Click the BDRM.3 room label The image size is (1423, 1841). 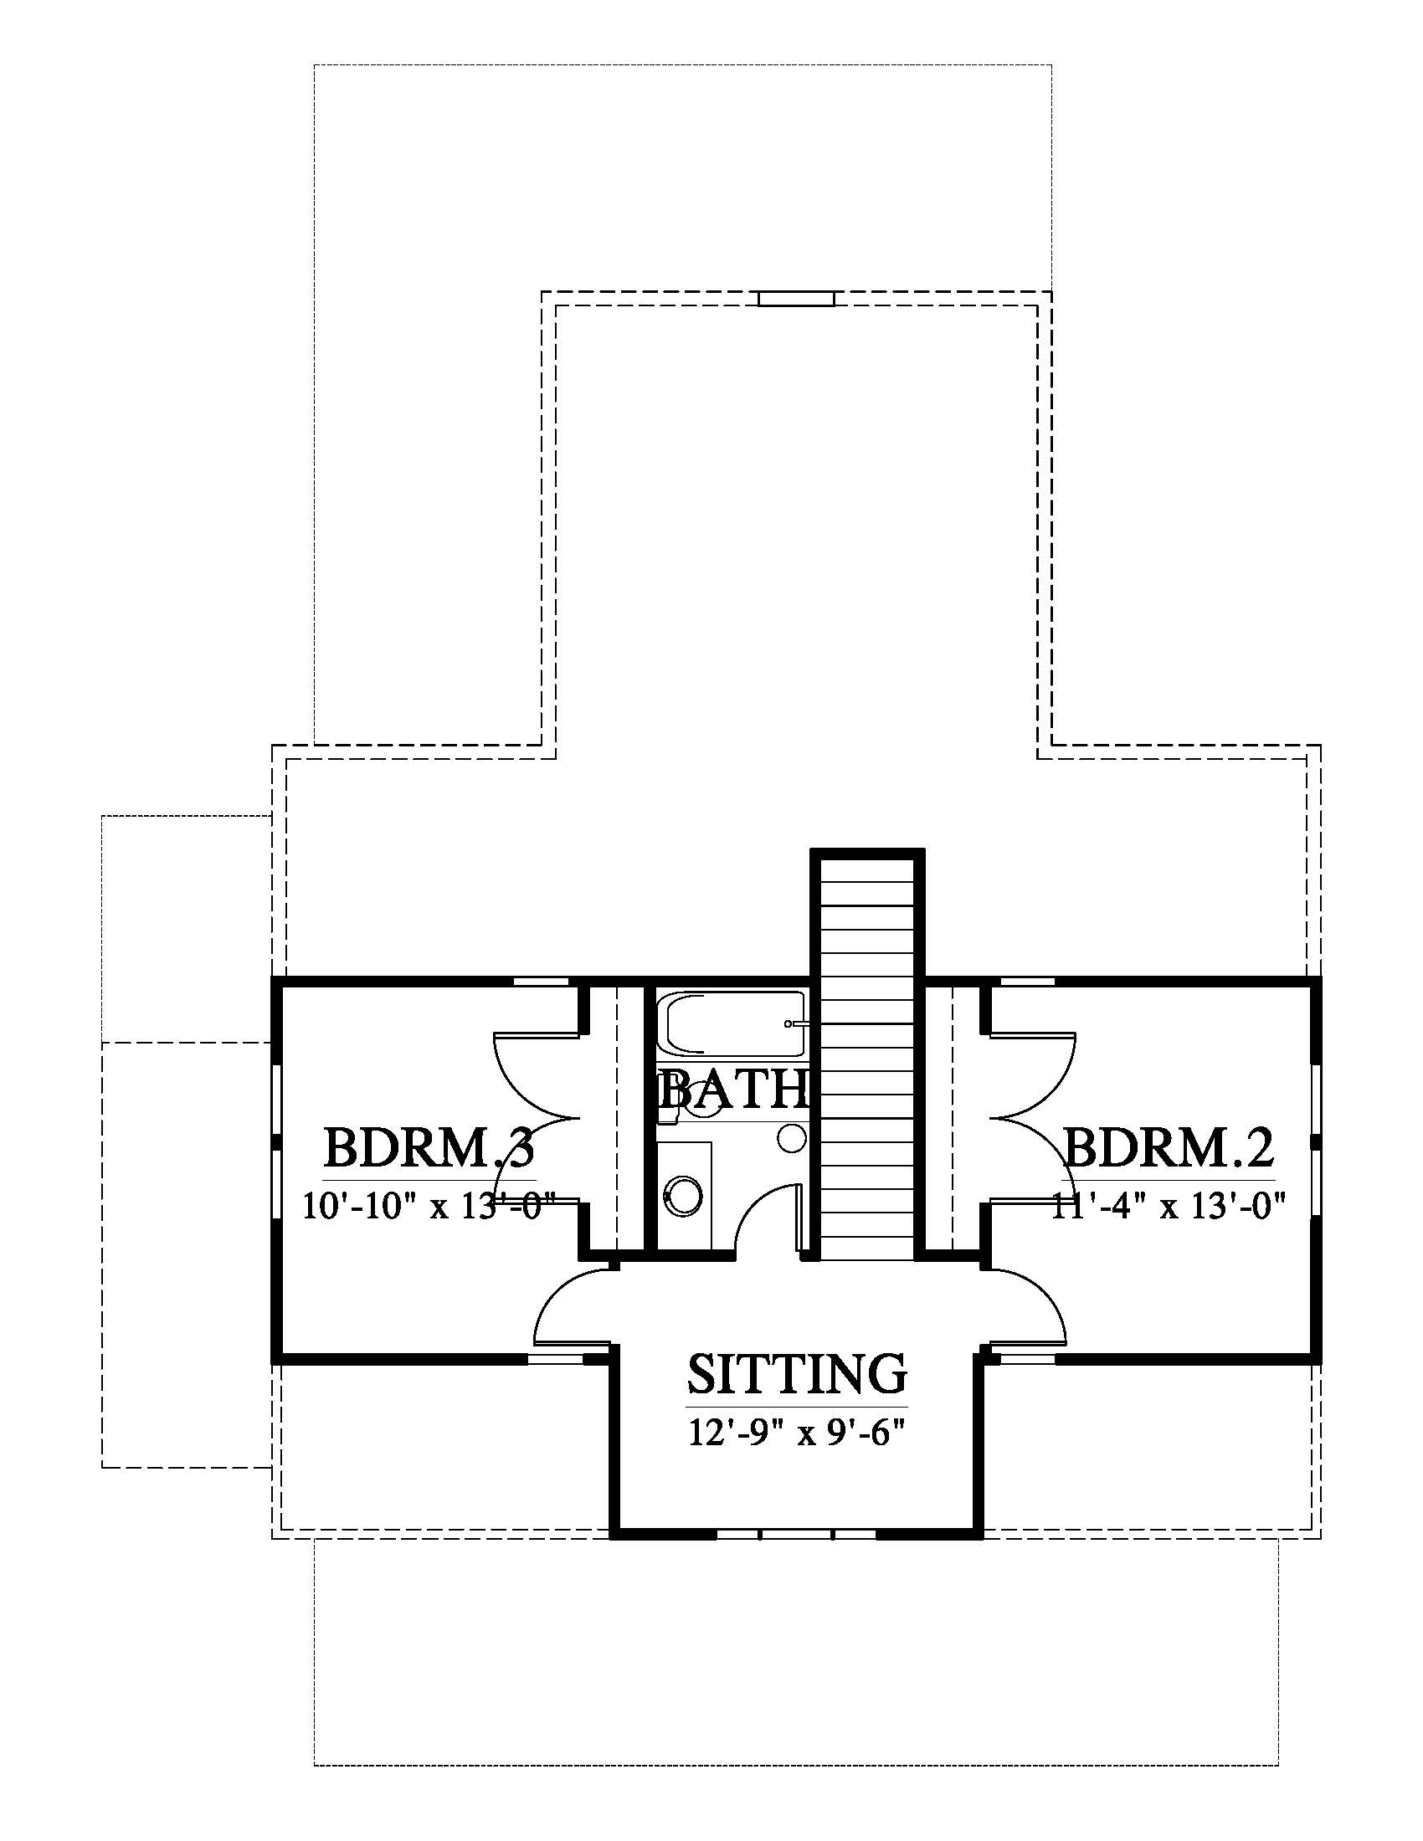coord(429,1148)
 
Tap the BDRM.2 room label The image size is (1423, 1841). coord(1169,1148)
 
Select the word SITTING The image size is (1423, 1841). coord(797,1374)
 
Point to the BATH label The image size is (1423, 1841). coord(732,1088)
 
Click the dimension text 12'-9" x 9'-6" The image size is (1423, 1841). coord(797,1433)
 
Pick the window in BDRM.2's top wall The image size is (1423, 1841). coord(1028,982)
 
